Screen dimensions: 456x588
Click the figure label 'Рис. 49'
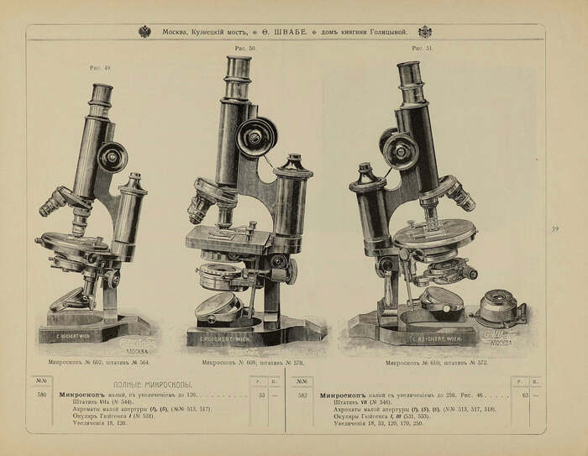click(x=102, y=68)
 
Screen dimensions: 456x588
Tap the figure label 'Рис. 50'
click(x=244, y=49)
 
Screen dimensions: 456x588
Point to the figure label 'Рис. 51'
click(x=422, y=50)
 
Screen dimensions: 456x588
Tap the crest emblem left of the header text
click(x=144, y=32)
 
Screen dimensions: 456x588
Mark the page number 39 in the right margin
click(x=555, y=228)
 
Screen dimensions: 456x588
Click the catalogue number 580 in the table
click(x=41, y=393)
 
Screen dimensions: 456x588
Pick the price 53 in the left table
click(x=261, y=393)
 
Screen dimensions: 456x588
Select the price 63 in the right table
click(x=525, y=393)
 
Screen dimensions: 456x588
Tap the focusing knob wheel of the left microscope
click(x=112, y=156)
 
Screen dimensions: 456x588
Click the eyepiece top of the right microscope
click(x=408, y=69)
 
